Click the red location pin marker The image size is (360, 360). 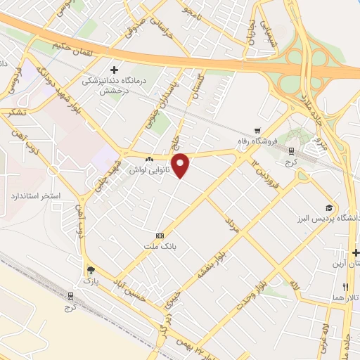tap(181, 165)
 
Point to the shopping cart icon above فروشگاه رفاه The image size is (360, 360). tap(258, 131)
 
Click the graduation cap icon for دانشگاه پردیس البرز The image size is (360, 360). tap(328, 207)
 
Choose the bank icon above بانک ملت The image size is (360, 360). tap(160, 236)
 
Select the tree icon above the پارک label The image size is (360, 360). tap(90, 269)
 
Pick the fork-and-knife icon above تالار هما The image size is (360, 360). tap(345, 287)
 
